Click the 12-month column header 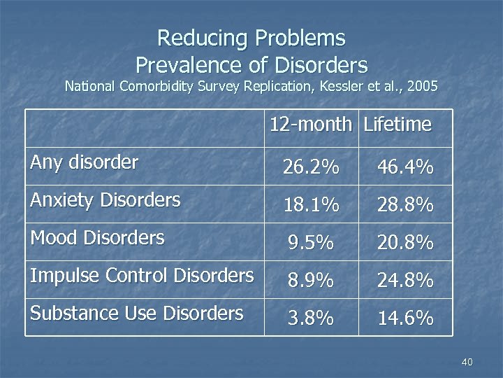tap(310, 125)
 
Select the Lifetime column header tap(398, 125)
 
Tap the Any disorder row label tap(85, 163)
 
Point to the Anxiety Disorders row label tap(105, 200)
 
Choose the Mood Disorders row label tap(97, 238)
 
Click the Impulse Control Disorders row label tap(142, 276)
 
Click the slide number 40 tap(467, 362)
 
